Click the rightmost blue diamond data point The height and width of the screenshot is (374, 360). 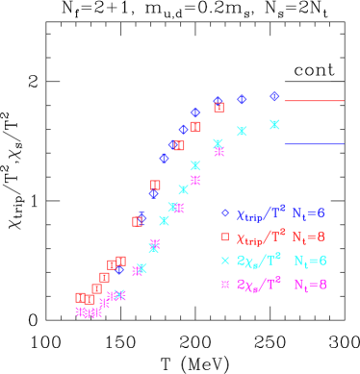click(x=274, y=96)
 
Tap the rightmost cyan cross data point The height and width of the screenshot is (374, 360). click(x=274, y=124)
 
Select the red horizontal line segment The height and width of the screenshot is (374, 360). click(x=314, y=100)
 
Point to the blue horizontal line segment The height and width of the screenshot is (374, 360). click(x=314, y=144)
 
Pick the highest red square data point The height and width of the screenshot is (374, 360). click(x=219, y=108)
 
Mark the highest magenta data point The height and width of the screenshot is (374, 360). click(x=219, y=152)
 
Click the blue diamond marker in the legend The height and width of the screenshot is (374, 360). click(x=224, y=213)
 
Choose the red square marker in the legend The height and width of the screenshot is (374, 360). click(x=224, y=237)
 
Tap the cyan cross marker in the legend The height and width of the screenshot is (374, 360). click(x=224, y=261)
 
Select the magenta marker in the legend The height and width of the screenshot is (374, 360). click(x=224, y=285)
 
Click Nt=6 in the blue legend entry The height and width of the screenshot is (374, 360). click(x=309, y=213)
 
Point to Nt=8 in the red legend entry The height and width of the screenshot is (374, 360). click(x=309, y=237)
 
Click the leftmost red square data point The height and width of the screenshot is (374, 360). click(x=81, y=298)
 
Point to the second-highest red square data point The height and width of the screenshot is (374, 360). click(x=195, y=127)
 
